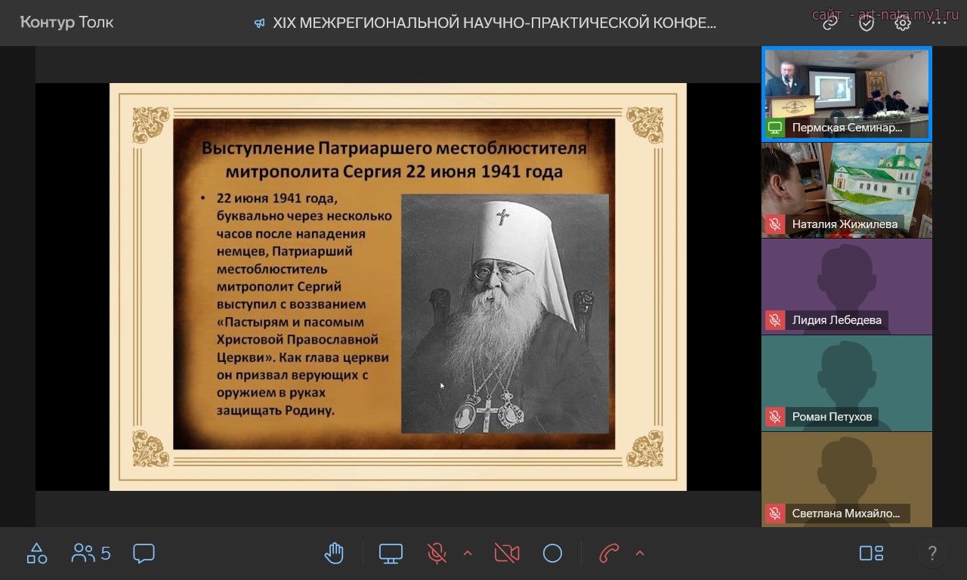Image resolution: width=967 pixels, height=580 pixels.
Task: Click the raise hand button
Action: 334,553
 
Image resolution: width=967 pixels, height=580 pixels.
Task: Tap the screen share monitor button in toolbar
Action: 391,554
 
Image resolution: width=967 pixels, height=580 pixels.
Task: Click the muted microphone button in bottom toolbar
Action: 437,554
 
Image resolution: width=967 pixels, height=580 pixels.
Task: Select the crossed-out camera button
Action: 507,554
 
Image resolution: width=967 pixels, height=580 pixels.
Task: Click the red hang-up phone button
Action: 609,554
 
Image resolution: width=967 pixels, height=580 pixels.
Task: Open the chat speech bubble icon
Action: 144,554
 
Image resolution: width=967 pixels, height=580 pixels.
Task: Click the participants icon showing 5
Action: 91,553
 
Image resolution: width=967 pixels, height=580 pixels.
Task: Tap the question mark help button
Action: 932,553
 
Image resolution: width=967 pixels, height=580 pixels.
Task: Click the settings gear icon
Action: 902,23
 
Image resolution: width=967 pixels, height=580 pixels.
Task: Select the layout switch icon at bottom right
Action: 871,553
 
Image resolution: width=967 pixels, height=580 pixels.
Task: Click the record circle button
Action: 552,554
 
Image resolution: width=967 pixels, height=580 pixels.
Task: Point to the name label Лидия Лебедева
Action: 836,319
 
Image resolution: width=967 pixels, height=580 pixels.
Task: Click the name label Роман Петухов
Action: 832,416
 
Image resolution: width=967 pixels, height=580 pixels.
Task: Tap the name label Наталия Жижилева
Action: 845,224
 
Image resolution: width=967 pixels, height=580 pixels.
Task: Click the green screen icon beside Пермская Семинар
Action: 775,128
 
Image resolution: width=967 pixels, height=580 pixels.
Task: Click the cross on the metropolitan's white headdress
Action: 502,217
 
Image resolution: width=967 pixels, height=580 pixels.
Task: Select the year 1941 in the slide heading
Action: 500,171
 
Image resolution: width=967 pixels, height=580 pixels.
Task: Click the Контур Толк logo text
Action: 67,22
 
